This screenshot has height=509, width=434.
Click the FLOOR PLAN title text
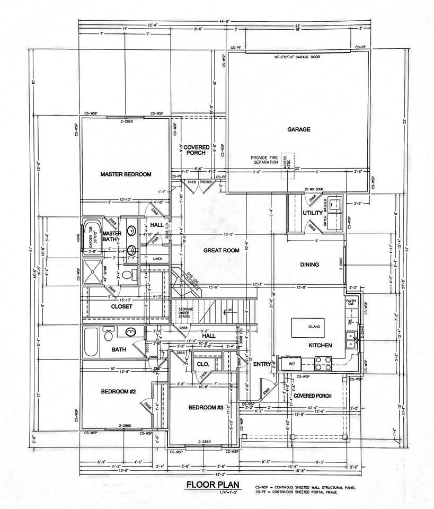pyautogui.click(x=212, y=485)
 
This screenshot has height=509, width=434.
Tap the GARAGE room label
pyautogui.click(x=298, y=129)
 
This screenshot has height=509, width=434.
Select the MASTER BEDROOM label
pyautogui.click(x=126, y=174)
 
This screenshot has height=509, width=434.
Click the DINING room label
pyautogui.click(x=309, y=265)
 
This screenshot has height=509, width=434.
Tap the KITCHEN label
pyautogui.click(x=320, y=346)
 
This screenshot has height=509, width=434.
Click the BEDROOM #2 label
pyautogui.click(x=119, y=392)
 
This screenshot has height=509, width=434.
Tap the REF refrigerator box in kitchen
pyautogui.click(x=292, y=364)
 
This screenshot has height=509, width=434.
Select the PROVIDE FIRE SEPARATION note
pyautogui.click(x=266, y=160)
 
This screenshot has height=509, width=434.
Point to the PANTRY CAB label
pyautogui.click(x=351, y=303)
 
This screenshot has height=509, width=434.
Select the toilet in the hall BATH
pyautogui.click(x=109, y=335)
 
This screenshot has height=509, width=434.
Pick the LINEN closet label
pyautogui.click(x=157, y=258)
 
